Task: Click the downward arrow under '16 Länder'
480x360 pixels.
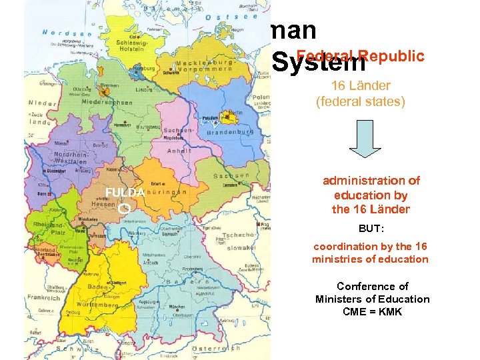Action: tap(365, 139)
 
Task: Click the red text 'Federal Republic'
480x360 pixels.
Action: tap(361, 56)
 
